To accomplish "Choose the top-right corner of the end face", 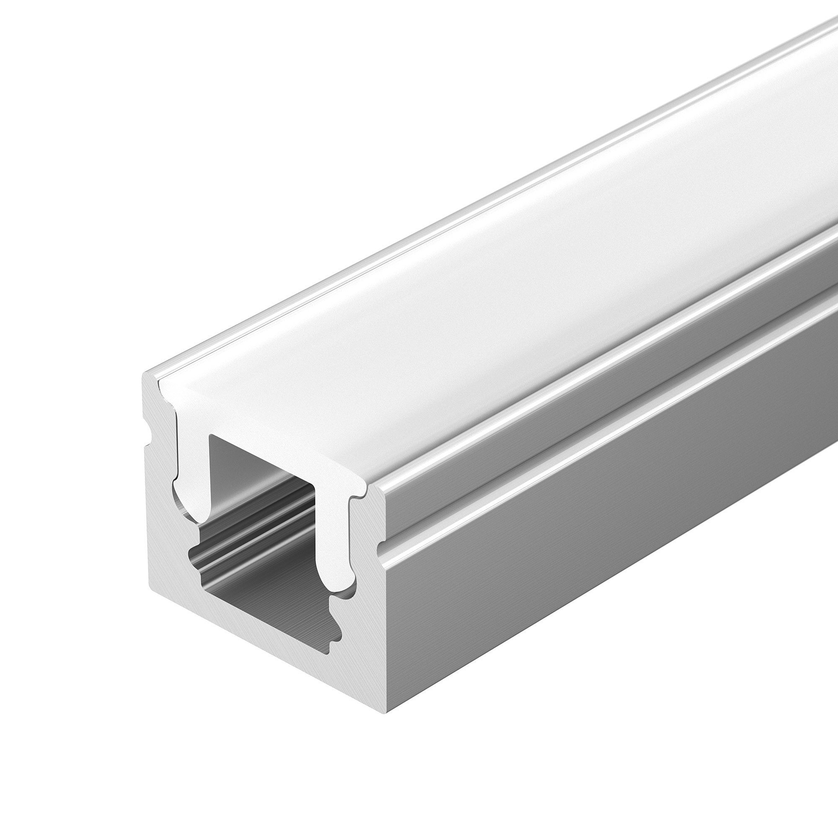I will click(x=382, y=490).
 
